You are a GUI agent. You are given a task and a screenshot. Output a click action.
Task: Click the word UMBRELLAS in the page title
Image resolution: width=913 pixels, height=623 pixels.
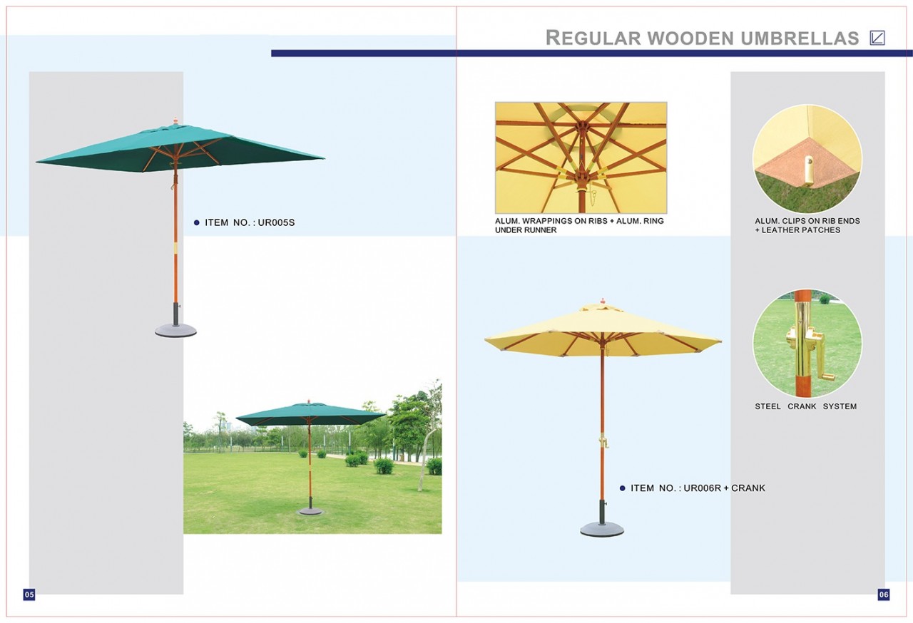pos(800,38)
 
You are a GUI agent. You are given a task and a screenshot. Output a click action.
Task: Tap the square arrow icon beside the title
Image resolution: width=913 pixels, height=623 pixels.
pos(877,38)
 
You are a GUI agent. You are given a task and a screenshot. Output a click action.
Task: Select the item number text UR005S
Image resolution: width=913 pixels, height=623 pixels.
pos(276,222)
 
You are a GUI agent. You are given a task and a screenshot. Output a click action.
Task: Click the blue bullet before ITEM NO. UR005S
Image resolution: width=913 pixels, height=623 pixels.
pos(196,222)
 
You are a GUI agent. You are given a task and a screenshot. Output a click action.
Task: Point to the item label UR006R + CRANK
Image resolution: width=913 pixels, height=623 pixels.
pos(724,488)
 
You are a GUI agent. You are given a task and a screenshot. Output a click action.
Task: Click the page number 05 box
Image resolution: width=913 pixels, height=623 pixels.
pos(29,594)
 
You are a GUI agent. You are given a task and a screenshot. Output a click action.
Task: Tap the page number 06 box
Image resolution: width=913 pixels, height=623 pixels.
pos(883,594)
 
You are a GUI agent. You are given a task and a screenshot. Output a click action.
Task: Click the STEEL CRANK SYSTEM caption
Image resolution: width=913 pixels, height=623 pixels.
pos(805,406)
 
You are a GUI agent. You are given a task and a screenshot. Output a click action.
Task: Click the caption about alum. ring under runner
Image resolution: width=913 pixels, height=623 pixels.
pos(579,225)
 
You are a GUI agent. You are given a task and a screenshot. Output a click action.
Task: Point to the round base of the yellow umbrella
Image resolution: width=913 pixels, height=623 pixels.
pos(602,530)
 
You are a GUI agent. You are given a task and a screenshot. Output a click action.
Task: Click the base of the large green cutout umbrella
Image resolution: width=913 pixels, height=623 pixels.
pos(175,330)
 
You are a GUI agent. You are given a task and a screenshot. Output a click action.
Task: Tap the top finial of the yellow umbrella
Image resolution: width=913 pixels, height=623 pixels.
pos(603,302)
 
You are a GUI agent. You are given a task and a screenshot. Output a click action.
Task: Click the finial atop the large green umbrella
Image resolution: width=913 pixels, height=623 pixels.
pos(175,121)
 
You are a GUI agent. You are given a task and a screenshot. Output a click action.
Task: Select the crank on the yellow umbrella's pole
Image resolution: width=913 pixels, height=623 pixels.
pos(603,441)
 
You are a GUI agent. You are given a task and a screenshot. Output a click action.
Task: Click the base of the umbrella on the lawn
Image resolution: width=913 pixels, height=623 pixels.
pos(310,511)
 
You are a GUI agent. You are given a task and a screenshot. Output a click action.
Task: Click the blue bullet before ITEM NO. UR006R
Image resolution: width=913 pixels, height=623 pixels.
pos(623,488)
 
